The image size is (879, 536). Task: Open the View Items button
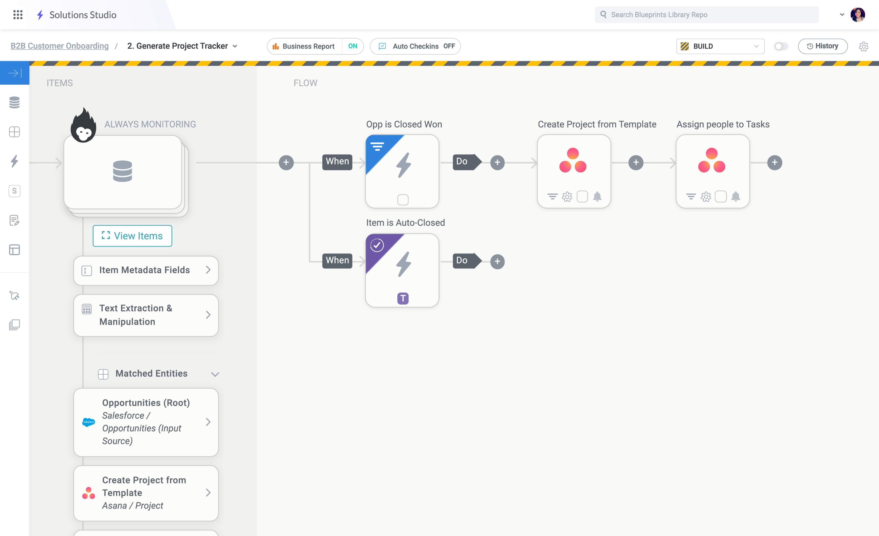132,236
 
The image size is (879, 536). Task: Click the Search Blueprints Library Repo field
707,15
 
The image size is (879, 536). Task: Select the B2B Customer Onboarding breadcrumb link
59,46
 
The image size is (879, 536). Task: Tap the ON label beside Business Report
352,46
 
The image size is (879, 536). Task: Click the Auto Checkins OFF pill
415,46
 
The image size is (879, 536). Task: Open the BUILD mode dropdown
720,46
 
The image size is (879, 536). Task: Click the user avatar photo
858,15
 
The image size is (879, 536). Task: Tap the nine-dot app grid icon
18,15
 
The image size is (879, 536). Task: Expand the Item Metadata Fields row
146,270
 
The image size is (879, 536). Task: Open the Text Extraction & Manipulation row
146,315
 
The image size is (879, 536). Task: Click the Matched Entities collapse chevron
215,374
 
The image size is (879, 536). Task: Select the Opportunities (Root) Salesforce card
146,422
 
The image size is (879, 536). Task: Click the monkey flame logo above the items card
83,126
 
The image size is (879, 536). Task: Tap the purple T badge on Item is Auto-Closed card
403,298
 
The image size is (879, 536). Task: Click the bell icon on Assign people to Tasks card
736,196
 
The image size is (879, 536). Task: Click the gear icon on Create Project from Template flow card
567,197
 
